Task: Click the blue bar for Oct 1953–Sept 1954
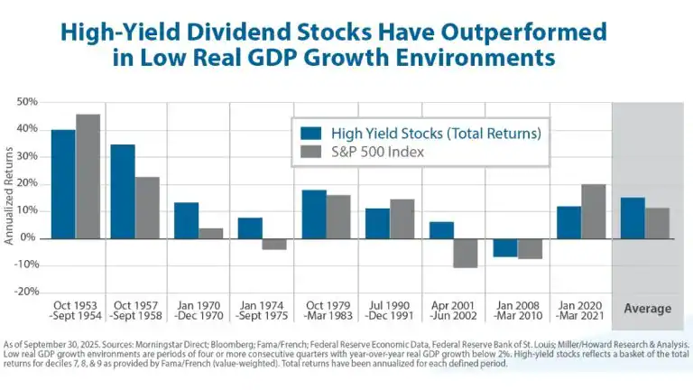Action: (63, 184)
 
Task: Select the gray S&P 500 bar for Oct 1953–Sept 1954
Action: (88, 176)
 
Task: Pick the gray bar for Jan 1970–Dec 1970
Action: (210, 233)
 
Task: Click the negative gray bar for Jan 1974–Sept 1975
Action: (274, 244)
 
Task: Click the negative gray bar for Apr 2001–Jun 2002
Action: (466, 253)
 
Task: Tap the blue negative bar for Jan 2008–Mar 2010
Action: (505, 247)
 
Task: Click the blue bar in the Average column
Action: (633, 218)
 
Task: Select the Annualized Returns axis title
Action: (9, 197)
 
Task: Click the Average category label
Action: (648, 309)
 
